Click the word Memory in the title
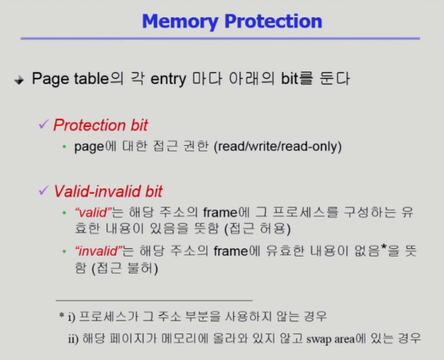pyautogui.click(x=180, y=21)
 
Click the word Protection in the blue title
pyautogui.click(x=273, y=21)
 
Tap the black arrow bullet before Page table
pyautogui.click(x=19, y=81)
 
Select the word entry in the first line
pyautogui.click(x=168, y=79)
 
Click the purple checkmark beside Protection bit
pyautogui.click(x=43, y=124)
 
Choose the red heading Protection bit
pyautogui.click(x=100, y=125)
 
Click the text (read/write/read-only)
pyautogui.click(x=278, y=147)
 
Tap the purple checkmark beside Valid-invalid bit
pyautogui.click(x=43, y=191)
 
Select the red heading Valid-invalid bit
pyautogui.click(x=108, y=191)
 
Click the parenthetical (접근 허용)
pyautogui.click(x=257, y=229)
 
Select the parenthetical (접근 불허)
pyautogui.click(x=125, y=268)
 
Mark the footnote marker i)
pyautogui.click(x=71, y=317)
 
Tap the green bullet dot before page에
pyautogui.click(x=65, y=147)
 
